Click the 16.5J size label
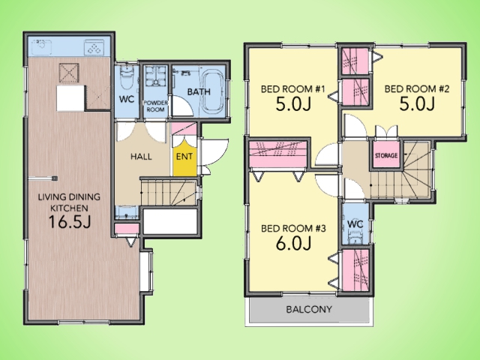(x=70, y=222)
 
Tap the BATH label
(x=199, y=91)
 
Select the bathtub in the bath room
(x=213, y=91)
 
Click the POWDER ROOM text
(x=155, y=106)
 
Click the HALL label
(x=141, y=157)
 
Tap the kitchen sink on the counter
(x=42, y=46)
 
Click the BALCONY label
(x=309, y=309)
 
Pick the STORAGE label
(x=386, y=155)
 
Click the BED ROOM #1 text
(x=292, y=89)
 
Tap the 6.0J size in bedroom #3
(x=293, y=244)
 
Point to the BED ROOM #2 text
(x=417, y=88)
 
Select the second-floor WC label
(x=355, y=224)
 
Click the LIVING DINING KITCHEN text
(x=69, y=202)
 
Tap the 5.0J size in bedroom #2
(x=417, y=104)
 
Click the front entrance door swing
(x=215, y=153)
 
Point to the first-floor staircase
(x=168, y=192)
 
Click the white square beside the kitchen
(x=70, y=98)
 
